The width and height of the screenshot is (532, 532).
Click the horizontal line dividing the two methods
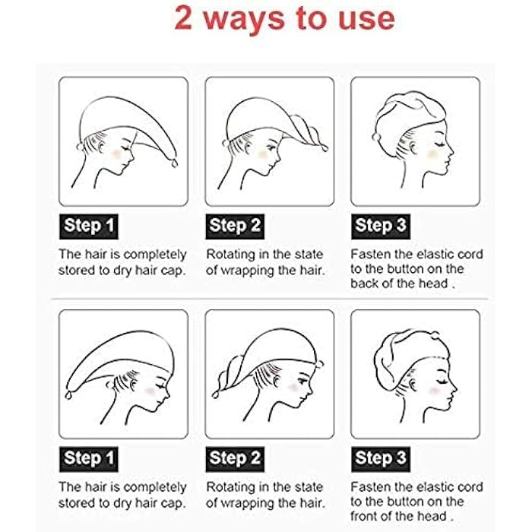[x=266, y=299]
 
